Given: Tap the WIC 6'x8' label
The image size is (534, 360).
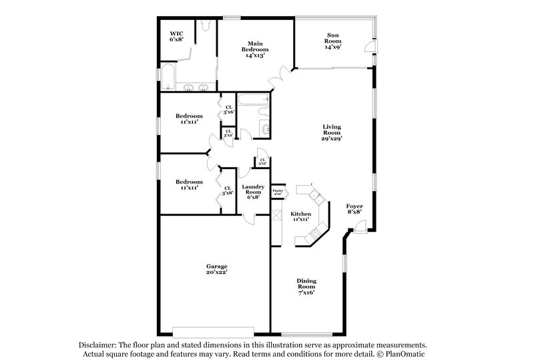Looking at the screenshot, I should pos(176,36).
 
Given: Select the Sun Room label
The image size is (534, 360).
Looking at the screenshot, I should pos(333,42).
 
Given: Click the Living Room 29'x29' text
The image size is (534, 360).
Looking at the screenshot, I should pos(332,132).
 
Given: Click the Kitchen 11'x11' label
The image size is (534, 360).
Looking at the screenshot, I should pos(300,216).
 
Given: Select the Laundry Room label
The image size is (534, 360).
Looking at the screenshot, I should pos(253,192).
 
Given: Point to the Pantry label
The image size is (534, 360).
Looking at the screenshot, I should pos(278,192).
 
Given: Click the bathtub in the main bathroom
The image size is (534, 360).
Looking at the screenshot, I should pos(169,79).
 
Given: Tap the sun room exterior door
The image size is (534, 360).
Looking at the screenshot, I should pos(368,47).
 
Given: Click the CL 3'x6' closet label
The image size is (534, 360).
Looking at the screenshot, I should pos(228,110).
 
